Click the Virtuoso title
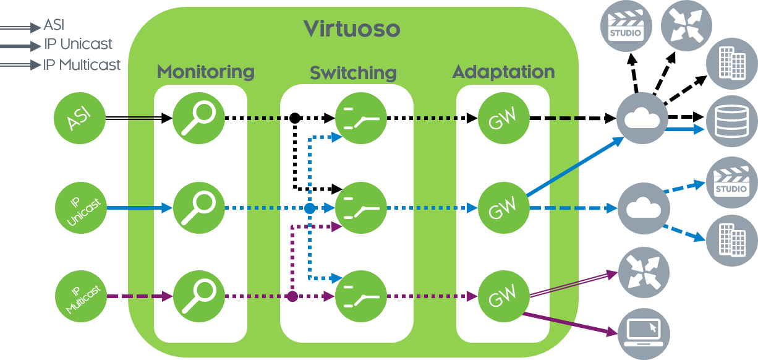[352, 28]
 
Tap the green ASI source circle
[79, 118]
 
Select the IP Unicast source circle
[81, 208]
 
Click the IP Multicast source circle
[81, 297]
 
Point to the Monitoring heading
[205, 72]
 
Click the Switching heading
[353, 73]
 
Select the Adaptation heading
[503, 72]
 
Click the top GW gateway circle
[503, 118]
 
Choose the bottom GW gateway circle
[503, 297]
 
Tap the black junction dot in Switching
[295, 118]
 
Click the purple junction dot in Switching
[292, 297]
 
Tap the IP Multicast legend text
[82, 65]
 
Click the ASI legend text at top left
[54, 25]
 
